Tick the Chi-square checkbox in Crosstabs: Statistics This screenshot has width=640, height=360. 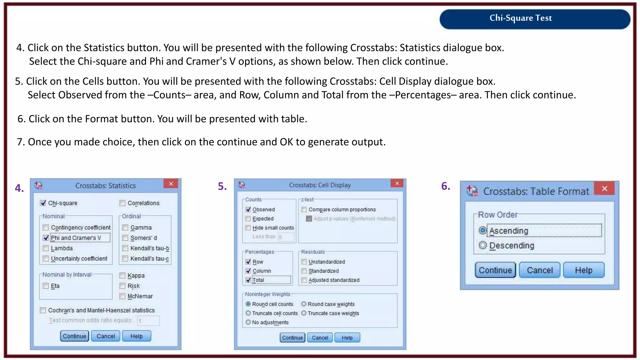(x=43, y=203)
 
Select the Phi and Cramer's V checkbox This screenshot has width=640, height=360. (x=46, y=238)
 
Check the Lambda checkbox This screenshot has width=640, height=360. (x=46, y=248)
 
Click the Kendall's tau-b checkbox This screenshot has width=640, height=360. (x=125, y=248)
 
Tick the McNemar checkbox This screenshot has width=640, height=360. (x=122, y=296)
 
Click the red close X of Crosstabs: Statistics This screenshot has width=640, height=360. (x=171, y=184)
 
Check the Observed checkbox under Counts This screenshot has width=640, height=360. (x=248, y=210)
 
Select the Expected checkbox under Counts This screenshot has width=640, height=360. (x=248, y=219)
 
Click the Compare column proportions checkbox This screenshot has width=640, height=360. (x=304, y=210)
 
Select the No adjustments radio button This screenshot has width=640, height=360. (x=248, y=322)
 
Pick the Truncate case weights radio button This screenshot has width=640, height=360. (x=304, y=313)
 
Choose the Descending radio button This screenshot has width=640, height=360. (x=483, y=245)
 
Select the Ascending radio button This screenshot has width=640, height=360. (x=483, y=231)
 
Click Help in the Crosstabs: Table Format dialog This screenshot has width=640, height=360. (x=583, y=270)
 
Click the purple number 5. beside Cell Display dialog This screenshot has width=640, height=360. (x=222, y=187)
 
